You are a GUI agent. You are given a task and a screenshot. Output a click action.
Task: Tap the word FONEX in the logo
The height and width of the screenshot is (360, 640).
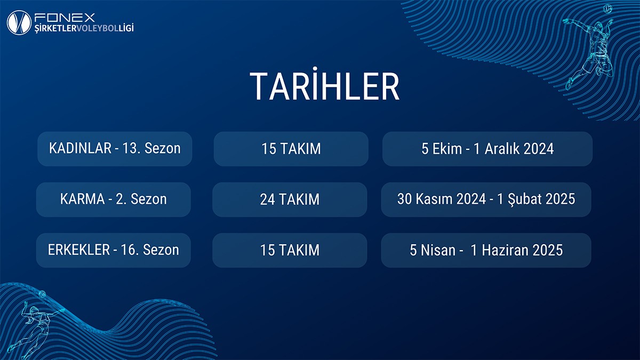[65, 18]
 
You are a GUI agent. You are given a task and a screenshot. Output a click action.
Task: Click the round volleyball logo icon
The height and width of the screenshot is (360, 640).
[19, 22]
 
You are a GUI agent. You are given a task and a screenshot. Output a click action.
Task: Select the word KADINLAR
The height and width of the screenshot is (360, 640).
[81, 148]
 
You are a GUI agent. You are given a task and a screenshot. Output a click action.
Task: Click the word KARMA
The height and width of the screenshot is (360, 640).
[83, 199]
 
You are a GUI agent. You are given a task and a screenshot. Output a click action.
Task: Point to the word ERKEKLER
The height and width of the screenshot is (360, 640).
[79, 250]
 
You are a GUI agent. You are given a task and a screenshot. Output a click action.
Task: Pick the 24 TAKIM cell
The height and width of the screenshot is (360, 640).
[290, 199]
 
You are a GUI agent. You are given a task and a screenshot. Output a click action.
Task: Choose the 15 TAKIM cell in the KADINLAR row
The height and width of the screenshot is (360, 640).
[291, 149]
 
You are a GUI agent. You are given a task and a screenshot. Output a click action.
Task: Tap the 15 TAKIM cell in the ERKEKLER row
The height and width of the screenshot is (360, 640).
[290, 250]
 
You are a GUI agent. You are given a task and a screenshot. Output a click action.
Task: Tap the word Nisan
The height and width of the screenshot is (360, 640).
[438, 250]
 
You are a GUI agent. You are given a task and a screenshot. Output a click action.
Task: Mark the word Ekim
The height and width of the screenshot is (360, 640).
[447, 149]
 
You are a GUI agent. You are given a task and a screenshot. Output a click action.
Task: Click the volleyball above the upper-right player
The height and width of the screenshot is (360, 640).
[607, 9]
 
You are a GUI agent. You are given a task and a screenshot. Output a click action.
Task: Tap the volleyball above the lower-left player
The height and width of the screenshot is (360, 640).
[42, 294]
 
